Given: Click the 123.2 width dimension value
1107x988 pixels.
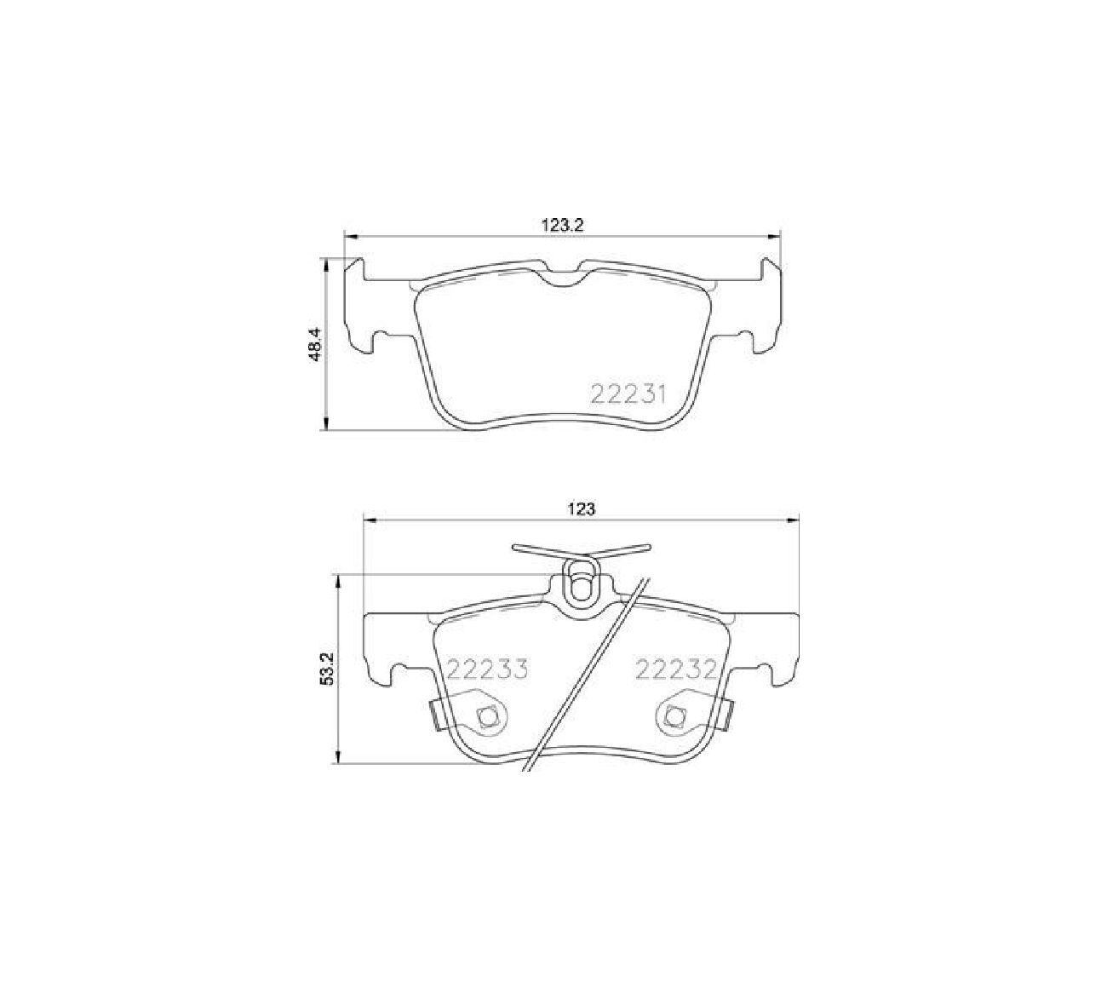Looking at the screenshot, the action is point(562,225).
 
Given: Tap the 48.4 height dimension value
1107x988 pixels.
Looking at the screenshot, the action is point(317,344).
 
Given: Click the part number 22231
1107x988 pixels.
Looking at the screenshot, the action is point(628,394).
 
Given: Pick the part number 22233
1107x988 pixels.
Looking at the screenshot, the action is point(487,669).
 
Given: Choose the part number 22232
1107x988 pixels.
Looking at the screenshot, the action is point(675,669).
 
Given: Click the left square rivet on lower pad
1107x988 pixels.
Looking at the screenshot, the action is point(486,715).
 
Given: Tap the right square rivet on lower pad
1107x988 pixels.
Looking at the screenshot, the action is point(676,715).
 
